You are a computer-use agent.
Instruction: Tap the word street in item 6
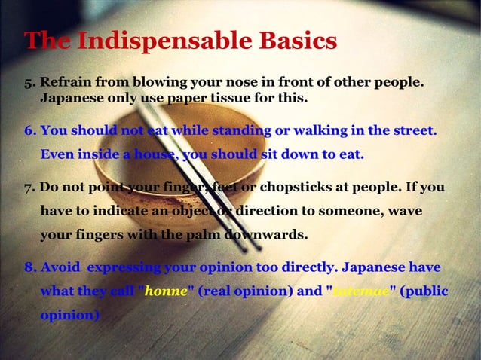[x=411, y=131]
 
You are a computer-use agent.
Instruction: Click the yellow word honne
[x=165, y=291]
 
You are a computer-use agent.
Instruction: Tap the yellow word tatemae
[x=360, y=291]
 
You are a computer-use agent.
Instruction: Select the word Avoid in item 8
[x=60, y=267]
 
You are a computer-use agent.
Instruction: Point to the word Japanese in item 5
[x=72, y=99]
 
